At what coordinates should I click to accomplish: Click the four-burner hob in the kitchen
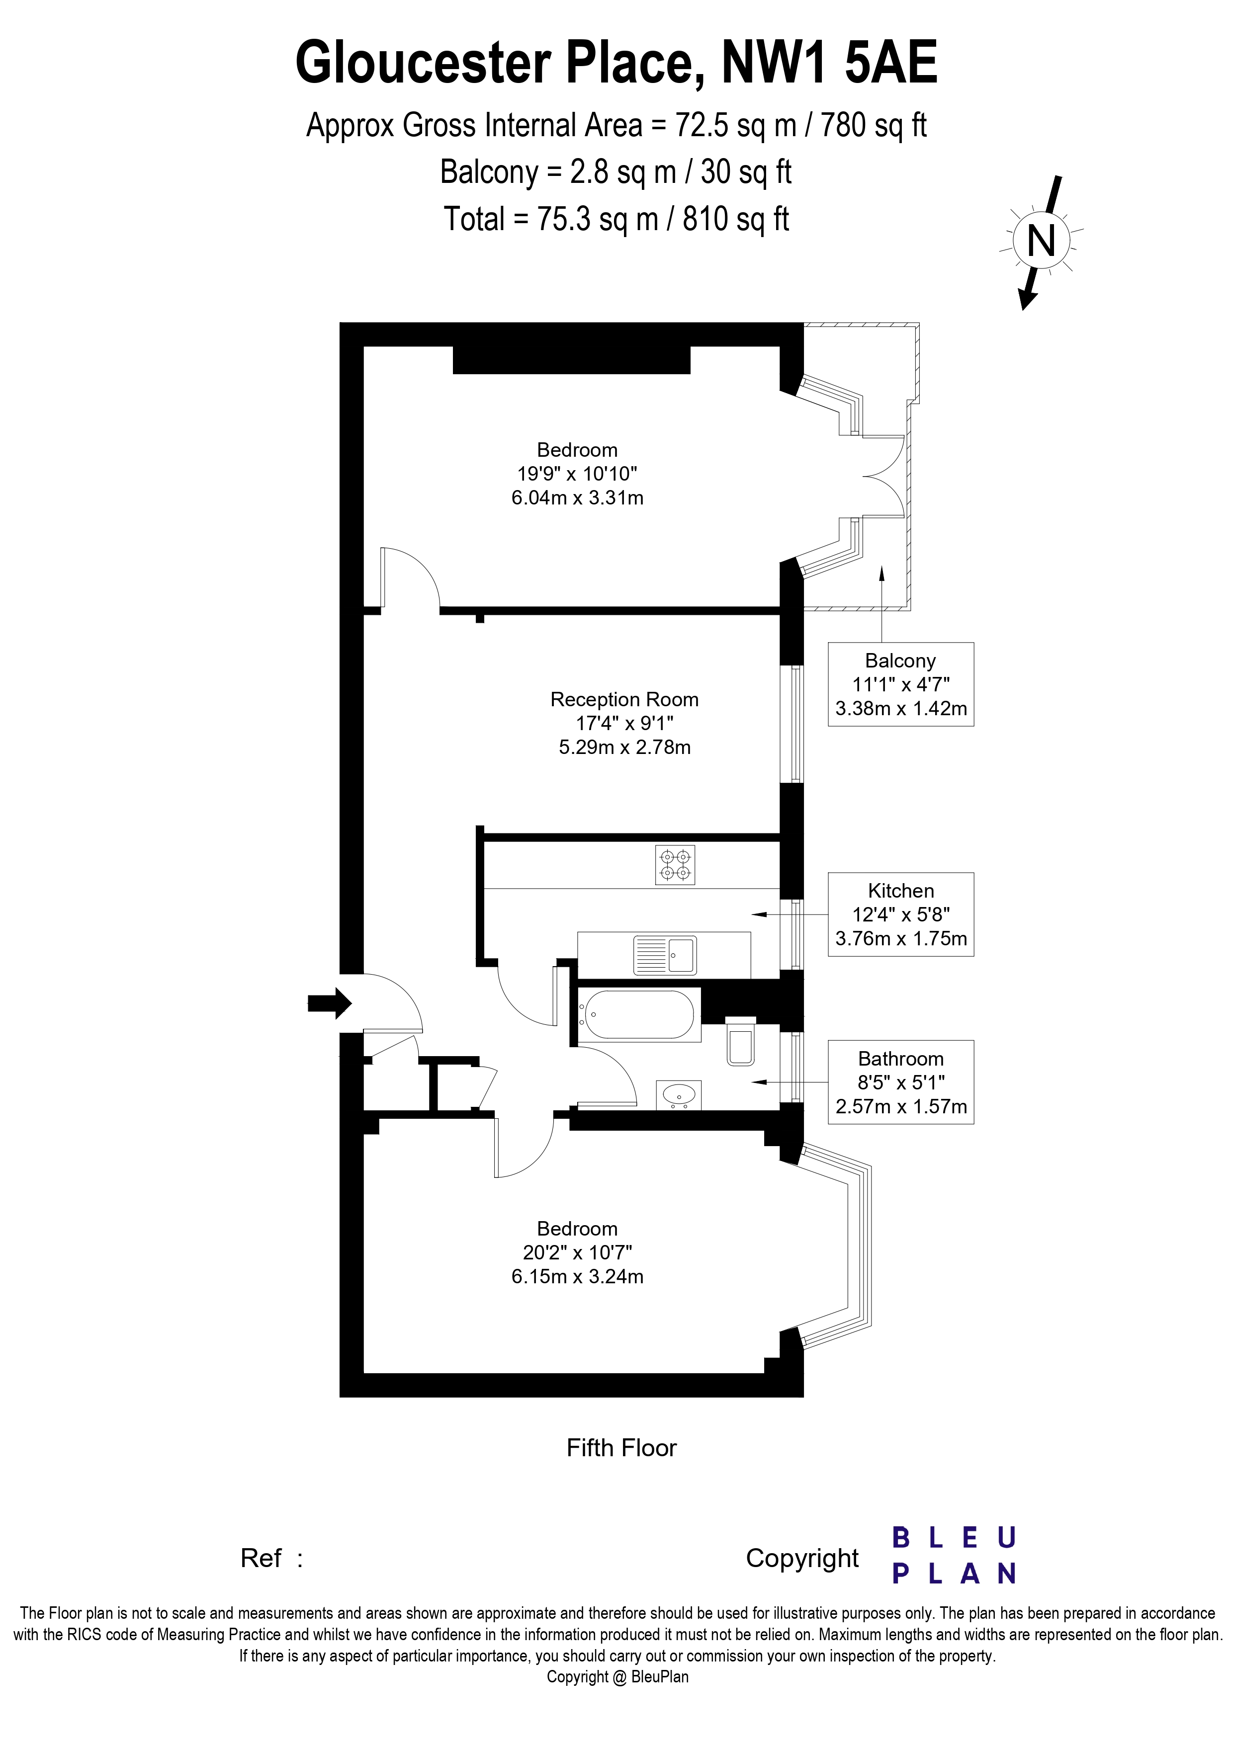[675, 866]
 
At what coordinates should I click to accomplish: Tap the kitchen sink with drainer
[665, 956]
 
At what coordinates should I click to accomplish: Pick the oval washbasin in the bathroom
[679, 1095]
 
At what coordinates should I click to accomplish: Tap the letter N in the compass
[1041, 242]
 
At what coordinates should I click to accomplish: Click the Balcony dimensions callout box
[900, 684]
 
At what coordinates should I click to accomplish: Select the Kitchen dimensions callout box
[900, 914]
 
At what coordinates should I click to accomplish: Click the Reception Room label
[624, 700]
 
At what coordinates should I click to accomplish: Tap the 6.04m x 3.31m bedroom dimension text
[577, 498]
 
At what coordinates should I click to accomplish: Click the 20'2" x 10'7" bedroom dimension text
[577, 1252]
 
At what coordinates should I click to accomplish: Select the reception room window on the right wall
[796, 724]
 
